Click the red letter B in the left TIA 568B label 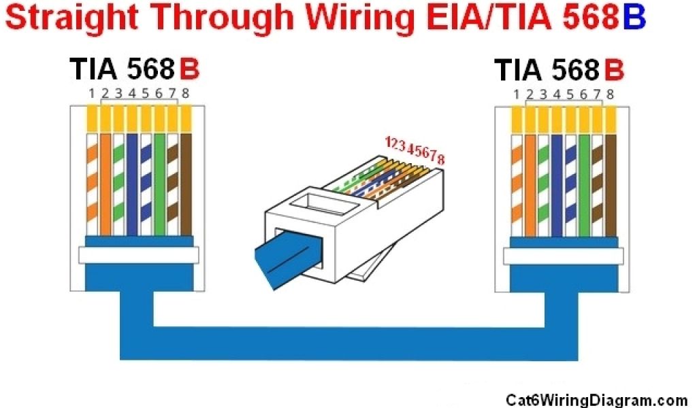(189, 70)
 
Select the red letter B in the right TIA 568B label (614, 70)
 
